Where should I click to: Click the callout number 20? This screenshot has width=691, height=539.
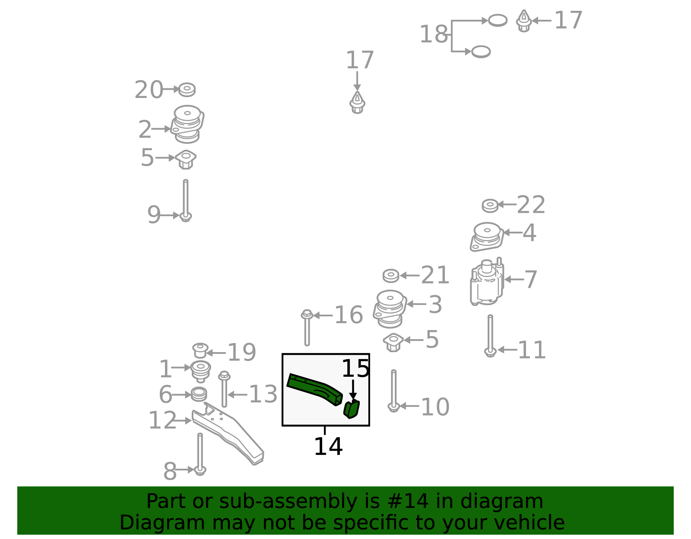[x=149, y=90]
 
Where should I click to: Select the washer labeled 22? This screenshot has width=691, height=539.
[x=490, y=205]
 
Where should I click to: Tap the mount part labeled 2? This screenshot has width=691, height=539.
[x=187, y=124]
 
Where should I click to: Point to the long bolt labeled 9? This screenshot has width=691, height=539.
[x=186, y=200]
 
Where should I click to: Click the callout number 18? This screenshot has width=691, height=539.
[x=434, y=34]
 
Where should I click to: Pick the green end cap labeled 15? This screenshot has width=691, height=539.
[x=352, y=409]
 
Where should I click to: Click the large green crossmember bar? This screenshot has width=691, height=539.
[x=314, y=389]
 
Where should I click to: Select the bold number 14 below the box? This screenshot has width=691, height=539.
[x=328, y=446]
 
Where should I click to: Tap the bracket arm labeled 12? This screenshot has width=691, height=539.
[x=228, y=433]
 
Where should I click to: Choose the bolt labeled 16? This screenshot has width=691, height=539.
[x=307, y=328]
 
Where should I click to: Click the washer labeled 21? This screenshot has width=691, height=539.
[x=391, y=276]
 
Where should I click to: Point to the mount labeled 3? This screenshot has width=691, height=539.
[x=390, y=309]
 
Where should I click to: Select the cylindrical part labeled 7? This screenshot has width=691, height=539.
[x=487, y=281]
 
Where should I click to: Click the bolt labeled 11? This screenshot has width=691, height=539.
[x=490, y=336]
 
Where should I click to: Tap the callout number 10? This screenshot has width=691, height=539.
[x=435, y=407]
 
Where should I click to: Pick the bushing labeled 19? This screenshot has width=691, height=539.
[x=200, y=351]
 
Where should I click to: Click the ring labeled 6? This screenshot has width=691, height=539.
[x=199, y=394]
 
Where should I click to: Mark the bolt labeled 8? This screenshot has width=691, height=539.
[x=200, y=454]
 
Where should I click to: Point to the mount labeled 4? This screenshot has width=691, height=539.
[x=487, y=236]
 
